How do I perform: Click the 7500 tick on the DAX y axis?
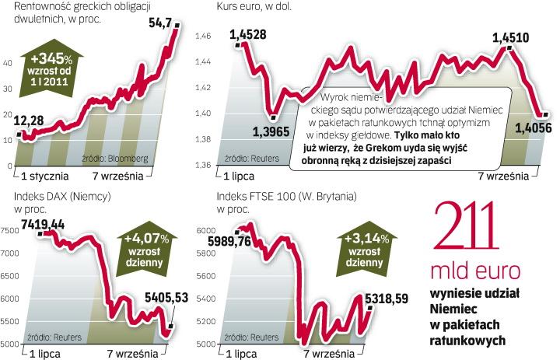9,230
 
